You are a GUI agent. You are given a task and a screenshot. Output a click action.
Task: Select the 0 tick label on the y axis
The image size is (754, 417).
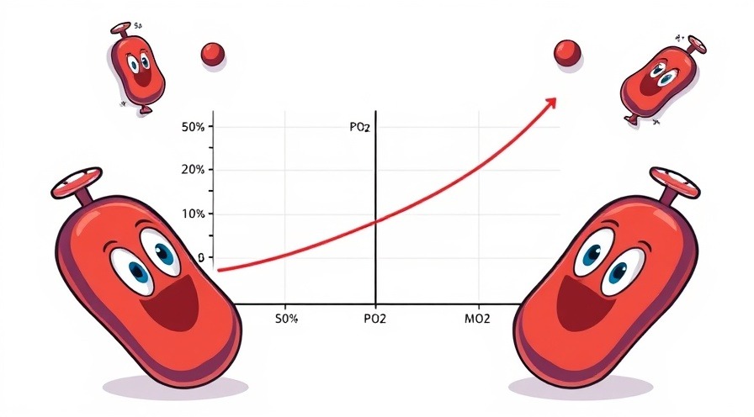pos(200,257)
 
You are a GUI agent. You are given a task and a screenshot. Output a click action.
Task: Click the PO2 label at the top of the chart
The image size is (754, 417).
pos(359,128)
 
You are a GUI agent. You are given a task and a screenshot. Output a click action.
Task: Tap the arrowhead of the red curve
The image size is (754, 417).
pos(550,102)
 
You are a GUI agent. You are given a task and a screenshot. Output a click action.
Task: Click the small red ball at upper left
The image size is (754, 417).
pos(213,54)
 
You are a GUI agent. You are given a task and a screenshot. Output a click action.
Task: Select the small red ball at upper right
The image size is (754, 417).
pos(568,54)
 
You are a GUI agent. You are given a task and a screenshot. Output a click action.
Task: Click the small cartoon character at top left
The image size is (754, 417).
pos(137,66)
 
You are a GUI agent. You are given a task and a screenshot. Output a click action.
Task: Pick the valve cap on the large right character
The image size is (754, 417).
pos(673,181)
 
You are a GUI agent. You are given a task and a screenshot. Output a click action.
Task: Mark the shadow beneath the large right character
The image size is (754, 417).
pos(572,388)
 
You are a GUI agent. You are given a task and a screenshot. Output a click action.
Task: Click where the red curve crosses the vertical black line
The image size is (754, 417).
pos(375,222)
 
